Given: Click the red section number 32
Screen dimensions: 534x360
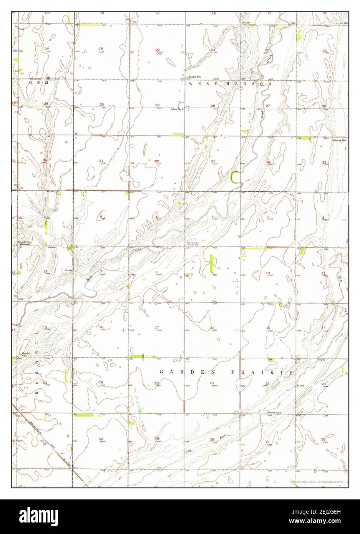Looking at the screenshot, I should coord(157,161).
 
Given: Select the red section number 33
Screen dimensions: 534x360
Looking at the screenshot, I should coord(213,161).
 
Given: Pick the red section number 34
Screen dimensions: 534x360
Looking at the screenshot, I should coord(268,162).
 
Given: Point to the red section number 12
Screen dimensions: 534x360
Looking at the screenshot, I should coord(45,272).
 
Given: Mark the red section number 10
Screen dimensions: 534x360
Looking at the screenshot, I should coord(268,273).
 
